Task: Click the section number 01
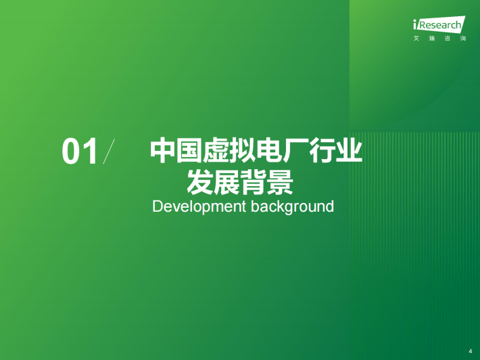click(x=80, y=152)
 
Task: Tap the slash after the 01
click(x=109, y=152)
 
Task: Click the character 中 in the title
click(x=162, y=151)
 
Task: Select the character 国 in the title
click(x=189, y=151)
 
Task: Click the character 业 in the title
click(x=350, y=151)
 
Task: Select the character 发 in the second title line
click(x=200, y=182)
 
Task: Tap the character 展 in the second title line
click(x=226, y=182)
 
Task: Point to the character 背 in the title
click(x=253, y=182)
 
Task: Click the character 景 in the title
click(x=280, y=182)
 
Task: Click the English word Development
click(x=199, y=207)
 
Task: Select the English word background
click(x=292, y=207)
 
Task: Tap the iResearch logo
click(x=439, y=24)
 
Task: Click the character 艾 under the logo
click(x=416, y=39)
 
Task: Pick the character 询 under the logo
click(x=463, y=39)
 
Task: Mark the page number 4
click(x=471, y=351)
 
